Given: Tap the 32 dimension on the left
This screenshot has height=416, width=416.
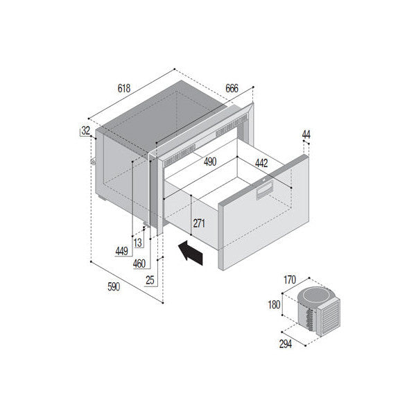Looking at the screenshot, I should point(85,130).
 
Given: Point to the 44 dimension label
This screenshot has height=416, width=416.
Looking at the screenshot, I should point(306,134).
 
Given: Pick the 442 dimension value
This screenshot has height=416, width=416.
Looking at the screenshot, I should point(260,163).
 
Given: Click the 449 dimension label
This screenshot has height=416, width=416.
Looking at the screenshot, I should point(121,251).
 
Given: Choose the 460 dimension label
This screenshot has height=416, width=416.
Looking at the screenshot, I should point(139,263).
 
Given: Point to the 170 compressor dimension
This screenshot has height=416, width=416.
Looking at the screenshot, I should point(290,279).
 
